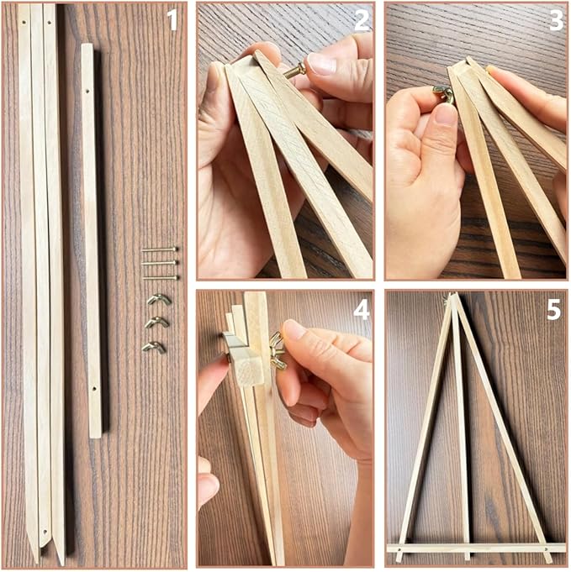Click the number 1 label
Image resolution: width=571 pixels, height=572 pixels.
(x=172, y=19)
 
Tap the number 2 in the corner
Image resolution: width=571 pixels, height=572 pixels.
(x=362, y=19)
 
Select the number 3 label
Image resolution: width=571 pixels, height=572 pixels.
(x=555, y=19)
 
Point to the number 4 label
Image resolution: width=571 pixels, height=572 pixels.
(x=362, y=310)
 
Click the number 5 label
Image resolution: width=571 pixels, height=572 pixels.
(x=553, y=310)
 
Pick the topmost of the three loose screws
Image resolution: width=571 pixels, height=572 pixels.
(x=160, y=249)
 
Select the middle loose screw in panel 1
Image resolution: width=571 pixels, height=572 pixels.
(x=160, y=263)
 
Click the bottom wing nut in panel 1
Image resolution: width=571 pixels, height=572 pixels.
(x=154, y=346)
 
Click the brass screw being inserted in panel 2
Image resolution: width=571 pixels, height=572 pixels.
(x=295, y=72)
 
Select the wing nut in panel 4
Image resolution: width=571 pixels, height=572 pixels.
(x=276, y=351)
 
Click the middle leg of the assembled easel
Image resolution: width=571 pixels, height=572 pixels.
(x=462, y=437)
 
